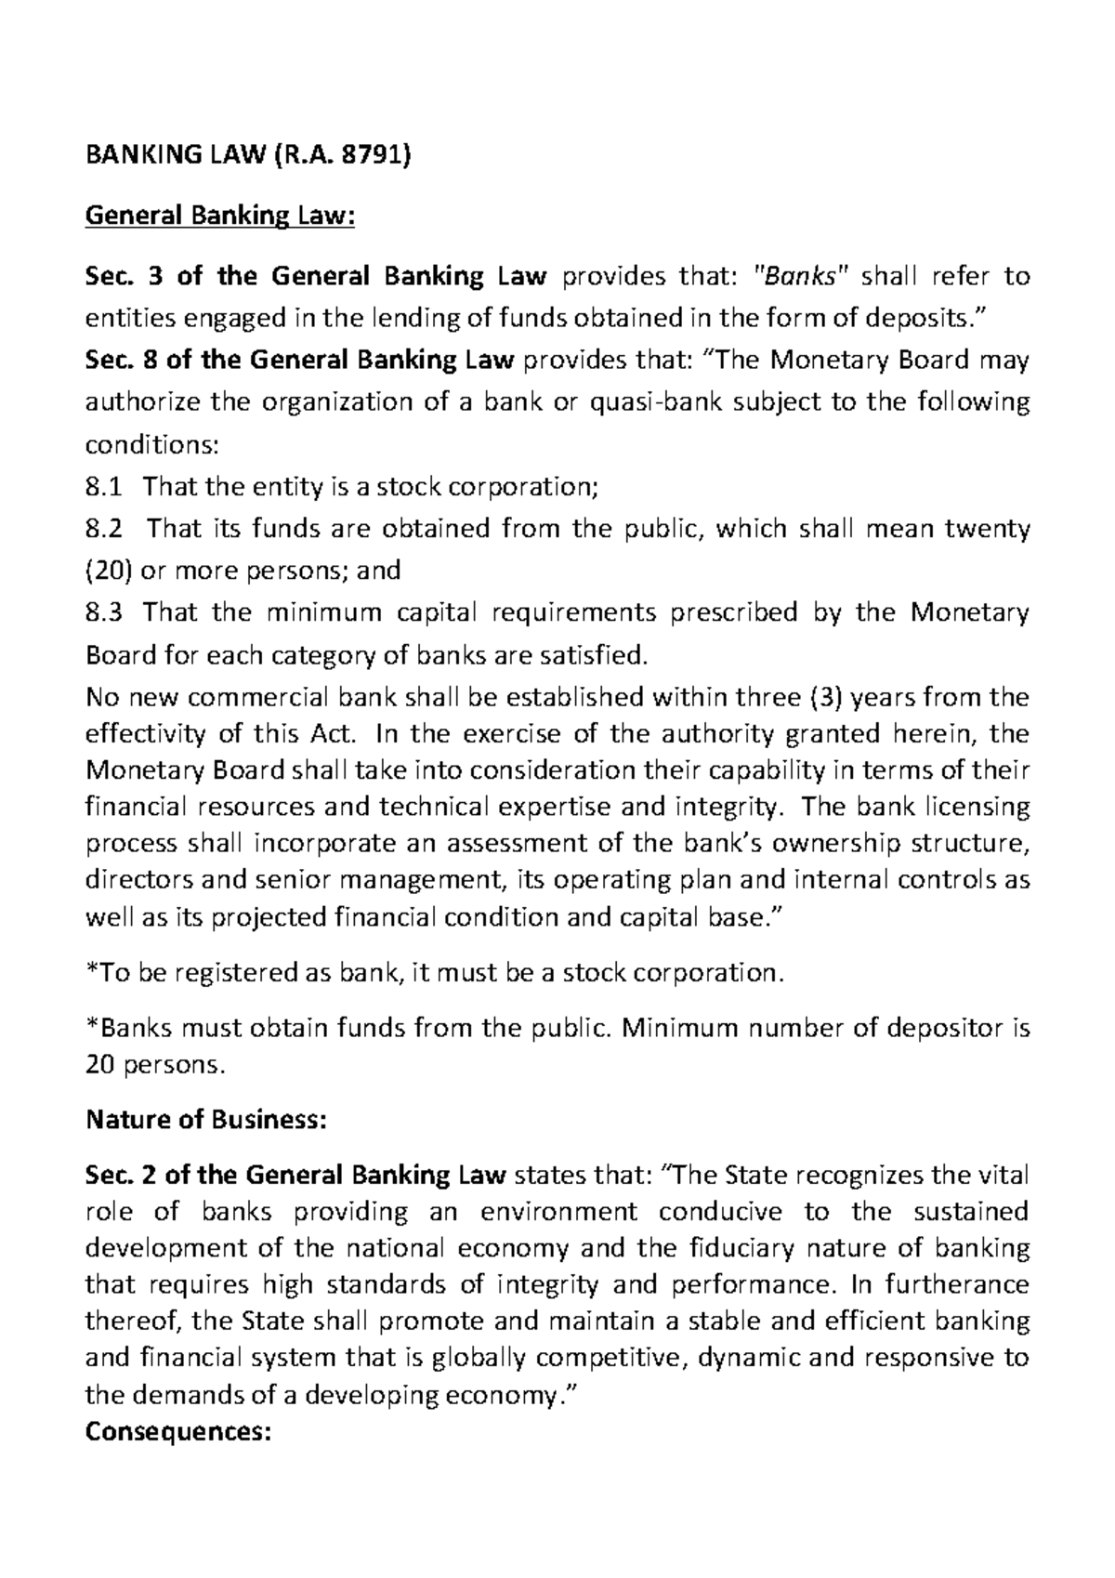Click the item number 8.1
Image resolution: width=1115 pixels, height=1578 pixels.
click(103, 486)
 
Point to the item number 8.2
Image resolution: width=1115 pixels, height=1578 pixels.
click(103, 529)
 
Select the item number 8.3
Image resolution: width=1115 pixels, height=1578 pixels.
click(103, 612)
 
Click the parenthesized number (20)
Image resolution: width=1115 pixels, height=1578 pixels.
click(103, 570)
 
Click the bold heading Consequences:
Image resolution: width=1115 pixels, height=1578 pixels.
click(177, 1432)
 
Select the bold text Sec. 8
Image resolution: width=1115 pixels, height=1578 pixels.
click(122, 360)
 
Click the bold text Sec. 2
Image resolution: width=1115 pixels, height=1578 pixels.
click(122, 1175)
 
